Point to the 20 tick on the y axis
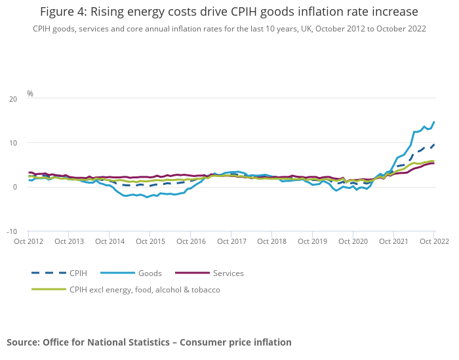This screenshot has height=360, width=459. pyautogui.click(x=13, y=99)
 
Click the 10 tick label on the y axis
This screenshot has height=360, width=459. pyautogui.click(x=13, y=143)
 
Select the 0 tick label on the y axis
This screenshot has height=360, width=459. pyautogui.click(x=15, y=188)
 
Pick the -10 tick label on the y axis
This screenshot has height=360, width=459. pyautogui.click(x=12, y=231)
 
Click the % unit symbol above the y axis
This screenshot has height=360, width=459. pyautogui.click(x=30, y=94)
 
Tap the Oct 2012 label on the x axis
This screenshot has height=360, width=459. pyautogui.click(x=28, y=241)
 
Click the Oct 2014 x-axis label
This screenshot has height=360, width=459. pyautogui.click(x=110, y=241)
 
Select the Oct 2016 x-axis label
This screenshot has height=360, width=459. pyautogui.click(x=191, y=241)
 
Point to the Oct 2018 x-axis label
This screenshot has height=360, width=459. pyautogui.click(x=271, y=241)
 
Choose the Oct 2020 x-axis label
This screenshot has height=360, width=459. pyautogui.click(x=353, y=241)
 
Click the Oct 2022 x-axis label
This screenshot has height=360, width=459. pyautogui.click(x=433, y=241)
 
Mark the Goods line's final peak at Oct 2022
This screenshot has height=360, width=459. pyautogui.click(x=433, y=122)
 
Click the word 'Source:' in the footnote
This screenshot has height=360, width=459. pyautogui.click(x=23, y=342)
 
